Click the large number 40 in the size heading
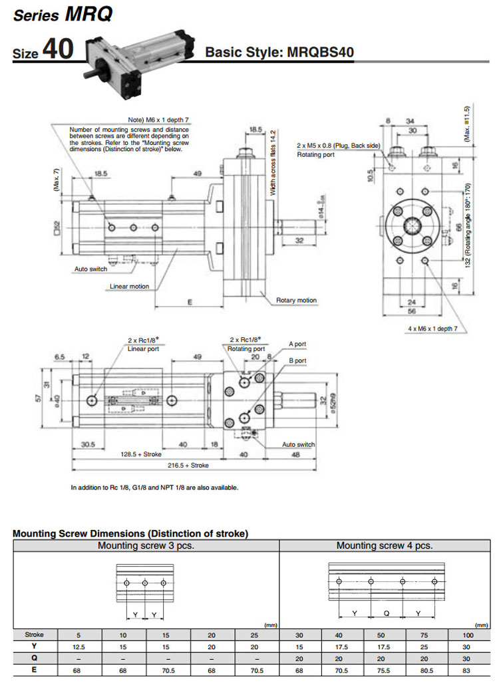[57, 51]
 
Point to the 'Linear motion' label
[129, 287]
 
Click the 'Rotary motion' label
[296, 301]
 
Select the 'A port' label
[297, 344]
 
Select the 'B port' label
[297, 360]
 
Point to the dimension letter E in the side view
[190, 301]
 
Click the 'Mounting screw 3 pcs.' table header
[146, 545]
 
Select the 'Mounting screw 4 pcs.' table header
[385, 545]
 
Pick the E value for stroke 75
[424, 670]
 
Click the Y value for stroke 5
[79, 646]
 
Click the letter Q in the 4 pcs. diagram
[386, 612]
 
